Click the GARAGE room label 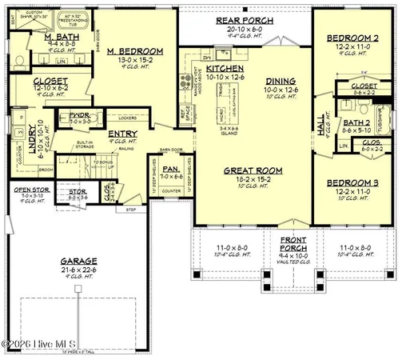[x=78, y=262]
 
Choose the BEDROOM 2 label [x=352, y=39]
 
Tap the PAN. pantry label [x=169, y=169]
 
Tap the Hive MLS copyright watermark [x=40, y=345]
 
